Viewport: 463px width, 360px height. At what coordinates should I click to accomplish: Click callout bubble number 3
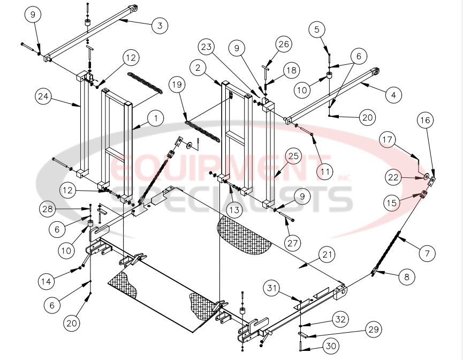tap(159, 25)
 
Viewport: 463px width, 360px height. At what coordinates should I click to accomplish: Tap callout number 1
tap(156, 118)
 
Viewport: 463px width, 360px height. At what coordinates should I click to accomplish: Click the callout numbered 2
tap(198, 68)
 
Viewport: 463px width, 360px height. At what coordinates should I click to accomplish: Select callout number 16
tap(426, 121)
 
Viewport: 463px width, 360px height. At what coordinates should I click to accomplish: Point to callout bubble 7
tap(427, 253)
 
